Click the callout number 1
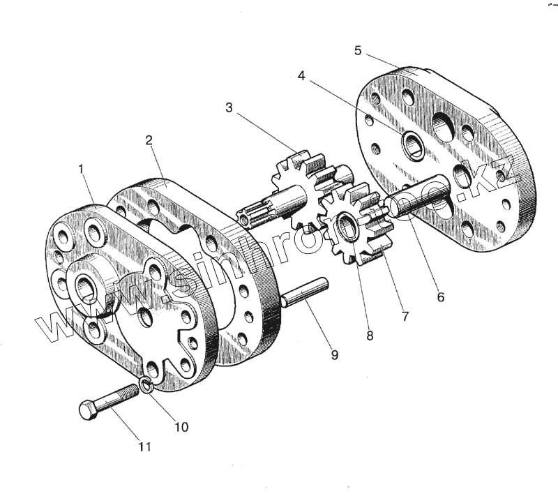tap(82, 168)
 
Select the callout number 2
tap(149, 140)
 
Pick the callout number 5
tap(358, 50)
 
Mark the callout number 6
tap(440, 296)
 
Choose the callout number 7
tap(405, 316)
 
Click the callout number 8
tap(370, 336)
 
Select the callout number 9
tap(334, 355)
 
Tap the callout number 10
tap(180, 426)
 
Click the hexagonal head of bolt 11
tap(88, 410)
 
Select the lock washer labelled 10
tap(146, 386)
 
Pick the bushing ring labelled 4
tap(414, 144)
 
